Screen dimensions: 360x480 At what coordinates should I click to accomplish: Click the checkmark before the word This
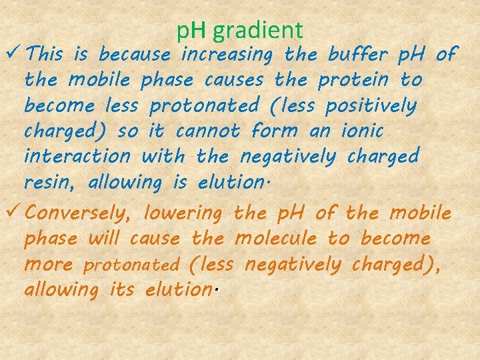point(13,53)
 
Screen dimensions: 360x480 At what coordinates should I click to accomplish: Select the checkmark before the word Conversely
point(13,213)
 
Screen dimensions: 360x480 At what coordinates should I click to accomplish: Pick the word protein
point(353,80)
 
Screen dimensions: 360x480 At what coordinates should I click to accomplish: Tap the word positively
point(370,105)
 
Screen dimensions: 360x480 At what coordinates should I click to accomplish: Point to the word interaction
point(77,157)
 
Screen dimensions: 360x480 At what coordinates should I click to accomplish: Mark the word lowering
point(183,214)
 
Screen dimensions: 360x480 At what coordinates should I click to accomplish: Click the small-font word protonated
point(131,265)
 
